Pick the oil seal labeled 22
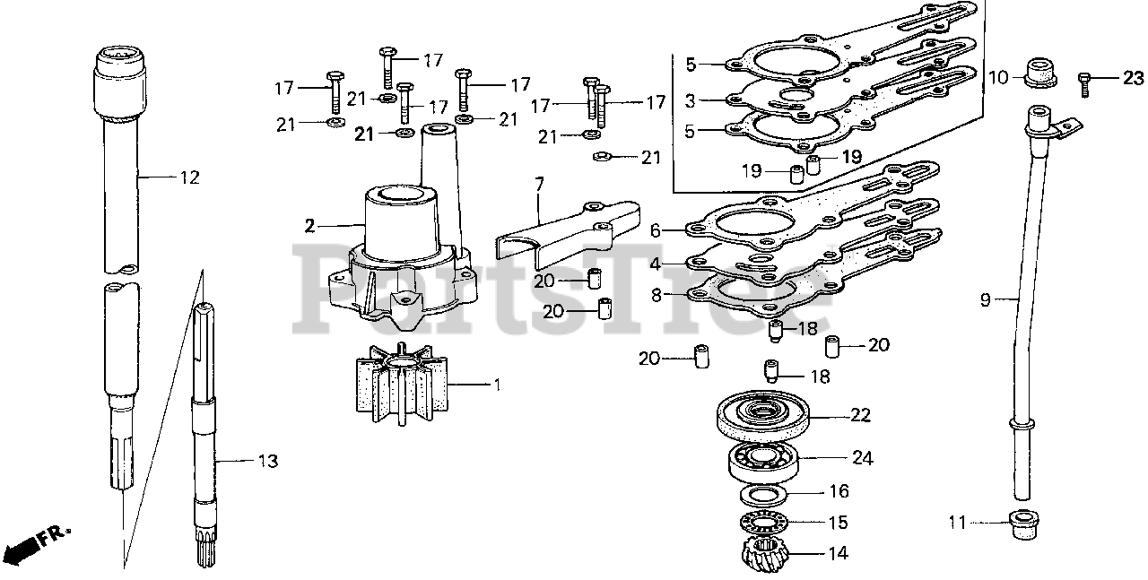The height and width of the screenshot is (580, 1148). point(764,415)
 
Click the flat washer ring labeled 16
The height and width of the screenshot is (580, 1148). point(763,493)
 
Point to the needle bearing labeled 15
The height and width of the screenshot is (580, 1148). point(763,522)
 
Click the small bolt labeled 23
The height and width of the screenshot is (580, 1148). point(1083,82)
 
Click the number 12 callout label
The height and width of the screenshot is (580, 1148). point(188,177)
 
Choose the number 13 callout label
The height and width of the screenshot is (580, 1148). point(268,462)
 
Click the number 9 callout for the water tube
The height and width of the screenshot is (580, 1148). point(986,300)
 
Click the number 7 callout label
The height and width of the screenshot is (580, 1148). point(539,186)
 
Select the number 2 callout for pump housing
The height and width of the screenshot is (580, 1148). point(309,226)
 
